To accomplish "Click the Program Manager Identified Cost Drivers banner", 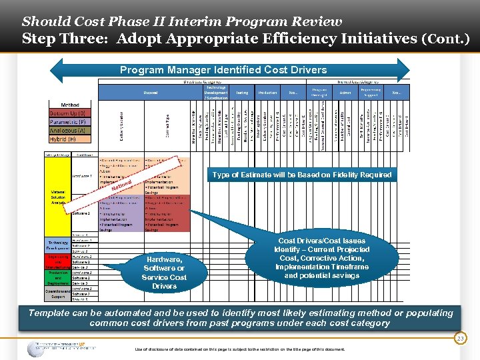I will [223, 70].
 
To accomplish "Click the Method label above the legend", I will [70, 105].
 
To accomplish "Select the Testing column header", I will [242, 93].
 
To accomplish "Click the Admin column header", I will [345, 93].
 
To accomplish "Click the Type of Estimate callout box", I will [301, 175].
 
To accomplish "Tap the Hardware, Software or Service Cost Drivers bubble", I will [164, 272].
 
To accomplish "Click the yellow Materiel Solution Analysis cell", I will [58, 198].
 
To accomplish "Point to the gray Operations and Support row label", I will [58, 293].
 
